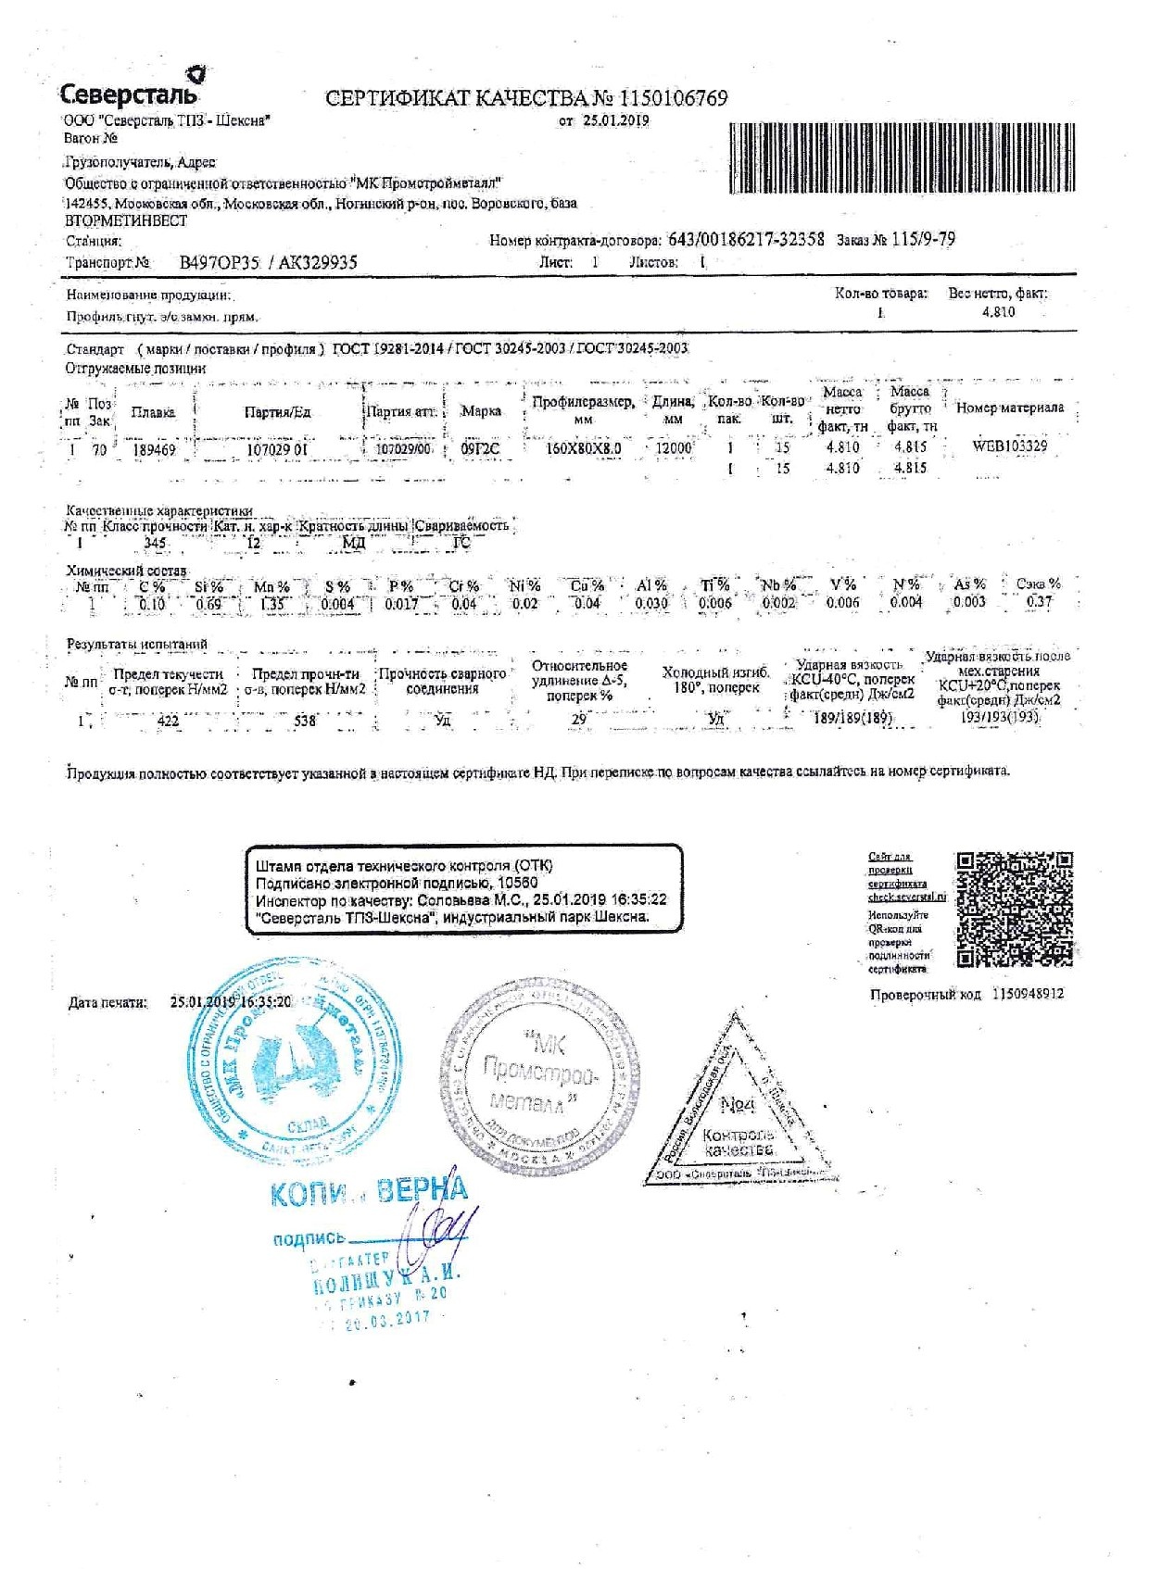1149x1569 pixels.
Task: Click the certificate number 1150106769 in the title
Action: coord(673,98)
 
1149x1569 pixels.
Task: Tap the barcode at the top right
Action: coord(903,157)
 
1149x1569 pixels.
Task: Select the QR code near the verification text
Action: coord(1015,909)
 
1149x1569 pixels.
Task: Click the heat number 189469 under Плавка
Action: coord(153,450)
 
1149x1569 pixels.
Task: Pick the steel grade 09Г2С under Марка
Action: coord(480,449)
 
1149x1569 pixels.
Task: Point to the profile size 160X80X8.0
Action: coord(583,448)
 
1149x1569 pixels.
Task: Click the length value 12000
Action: coord(674,447)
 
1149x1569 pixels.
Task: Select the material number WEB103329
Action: coord(1009,446)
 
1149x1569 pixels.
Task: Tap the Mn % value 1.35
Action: coord(271,605)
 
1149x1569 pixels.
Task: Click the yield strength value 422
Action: coord(169,721)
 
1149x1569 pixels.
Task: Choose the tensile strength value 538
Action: coord(305,721)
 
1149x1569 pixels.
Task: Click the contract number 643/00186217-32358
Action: coord(746,239)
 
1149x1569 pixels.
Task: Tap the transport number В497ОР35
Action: coord(220,263)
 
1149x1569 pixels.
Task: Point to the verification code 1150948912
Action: coord(1028,994)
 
